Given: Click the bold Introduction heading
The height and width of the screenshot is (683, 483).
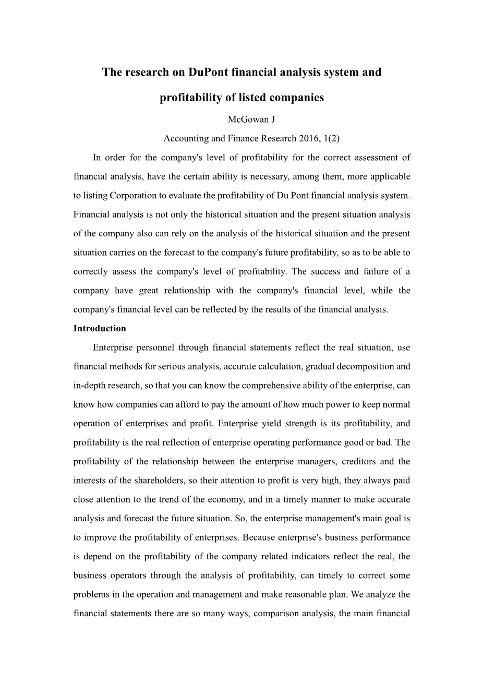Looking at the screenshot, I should tap(100, 328).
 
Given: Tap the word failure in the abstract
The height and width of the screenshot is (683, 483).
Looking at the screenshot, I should tap(377, 271).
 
